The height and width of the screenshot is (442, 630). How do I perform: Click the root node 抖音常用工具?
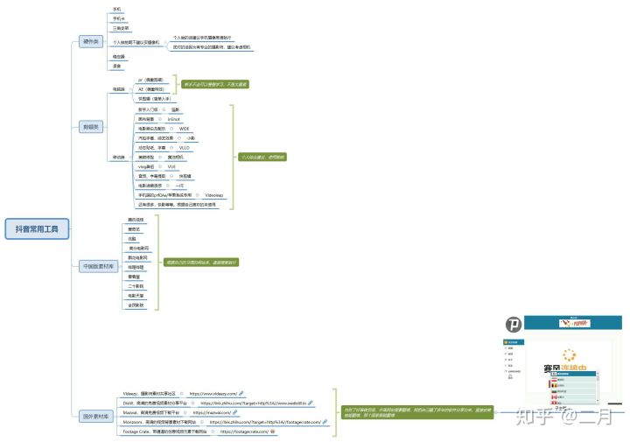pos(37,229)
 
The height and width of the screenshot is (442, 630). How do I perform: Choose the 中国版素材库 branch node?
pos(97,266)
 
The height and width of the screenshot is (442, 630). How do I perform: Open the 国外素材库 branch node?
pos(94,417)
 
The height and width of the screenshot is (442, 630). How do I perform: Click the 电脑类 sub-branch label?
pos(119,89)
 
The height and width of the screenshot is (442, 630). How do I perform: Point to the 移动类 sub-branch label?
pos(119,158)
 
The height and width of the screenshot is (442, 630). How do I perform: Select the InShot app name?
pos(174,118)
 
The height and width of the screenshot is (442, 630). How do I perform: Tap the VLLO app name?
pos(185,148)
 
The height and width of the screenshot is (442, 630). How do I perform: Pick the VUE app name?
pos(172,166)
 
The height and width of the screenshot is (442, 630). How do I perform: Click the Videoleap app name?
pos(214,195)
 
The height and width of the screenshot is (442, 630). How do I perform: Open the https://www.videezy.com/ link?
pos(213,394)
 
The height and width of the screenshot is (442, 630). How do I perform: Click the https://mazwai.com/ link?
pos(212,412)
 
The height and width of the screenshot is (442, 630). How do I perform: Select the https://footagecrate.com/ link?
pos(238,431)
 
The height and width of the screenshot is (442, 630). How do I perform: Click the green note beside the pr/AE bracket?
pos(214,84)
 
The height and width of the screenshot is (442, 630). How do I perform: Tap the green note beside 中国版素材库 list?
pos(203,262)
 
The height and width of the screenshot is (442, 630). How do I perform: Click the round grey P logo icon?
pos(517,327)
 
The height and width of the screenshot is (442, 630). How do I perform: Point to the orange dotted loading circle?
pos(570,356)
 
